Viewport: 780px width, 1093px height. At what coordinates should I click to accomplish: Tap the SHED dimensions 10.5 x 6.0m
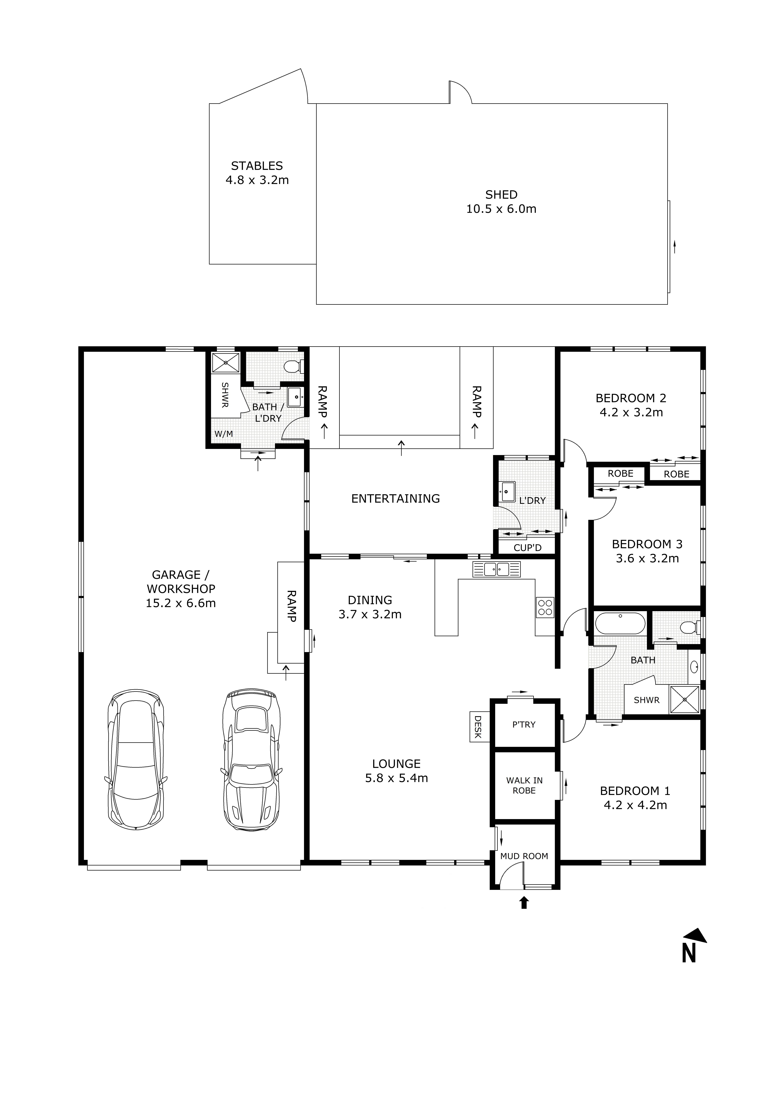pos(501,209)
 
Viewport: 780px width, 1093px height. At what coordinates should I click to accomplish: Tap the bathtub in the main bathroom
pos(620,624)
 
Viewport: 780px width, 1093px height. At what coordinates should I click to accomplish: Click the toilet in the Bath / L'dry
pos(293,367)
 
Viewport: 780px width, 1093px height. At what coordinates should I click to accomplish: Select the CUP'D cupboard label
pos(527,548)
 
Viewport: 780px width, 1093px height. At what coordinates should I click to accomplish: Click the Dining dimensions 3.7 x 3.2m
pos(370,614)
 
